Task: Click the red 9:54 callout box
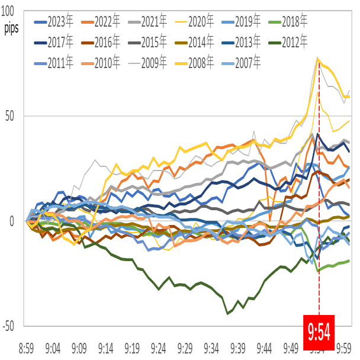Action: tap(319, 330)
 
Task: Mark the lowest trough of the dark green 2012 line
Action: tap(229, 313)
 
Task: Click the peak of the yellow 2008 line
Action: tap(319, 59)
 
